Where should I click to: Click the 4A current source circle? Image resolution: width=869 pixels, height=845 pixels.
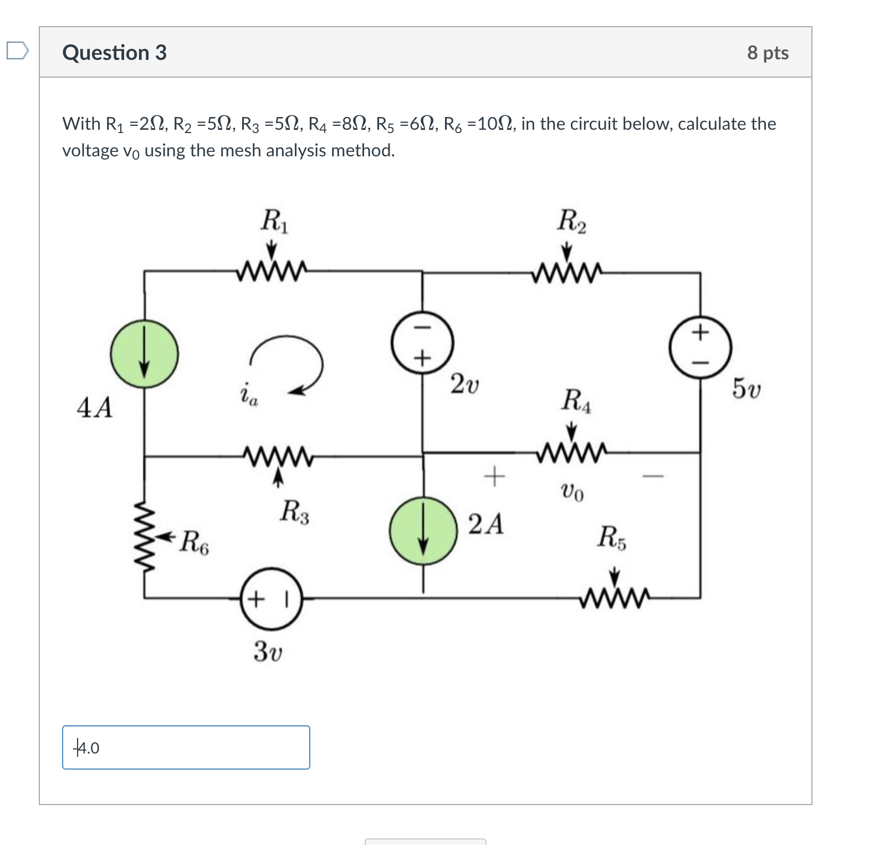tap(145, 353)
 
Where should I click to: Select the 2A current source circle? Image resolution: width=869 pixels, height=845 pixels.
tap(423, 530)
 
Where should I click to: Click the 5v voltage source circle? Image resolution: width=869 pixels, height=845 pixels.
tap(701, 348)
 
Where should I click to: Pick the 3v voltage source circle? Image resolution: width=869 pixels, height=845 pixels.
tap(271, 599)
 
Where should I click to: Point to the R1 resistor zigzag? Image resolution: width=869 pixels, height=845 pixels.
tap(271, 271)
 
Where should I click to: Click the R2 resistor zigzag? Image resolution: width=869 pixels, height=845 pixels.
tap(566, 272)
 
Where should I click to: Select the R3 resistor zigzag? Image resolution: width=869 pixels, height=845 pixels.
tap(278, 456)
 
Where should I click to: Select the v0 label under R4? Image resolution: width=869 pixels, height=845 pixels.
tap(572, 491)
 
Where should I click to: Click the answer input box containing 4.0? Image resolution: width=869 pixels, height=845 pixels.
tap(186, 747)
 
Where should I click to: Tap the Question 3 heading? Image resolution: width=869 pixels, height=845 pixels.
tap(114, 53)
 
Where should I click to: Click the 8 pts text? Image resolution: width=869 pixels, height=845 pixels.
tap(768, 53)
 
